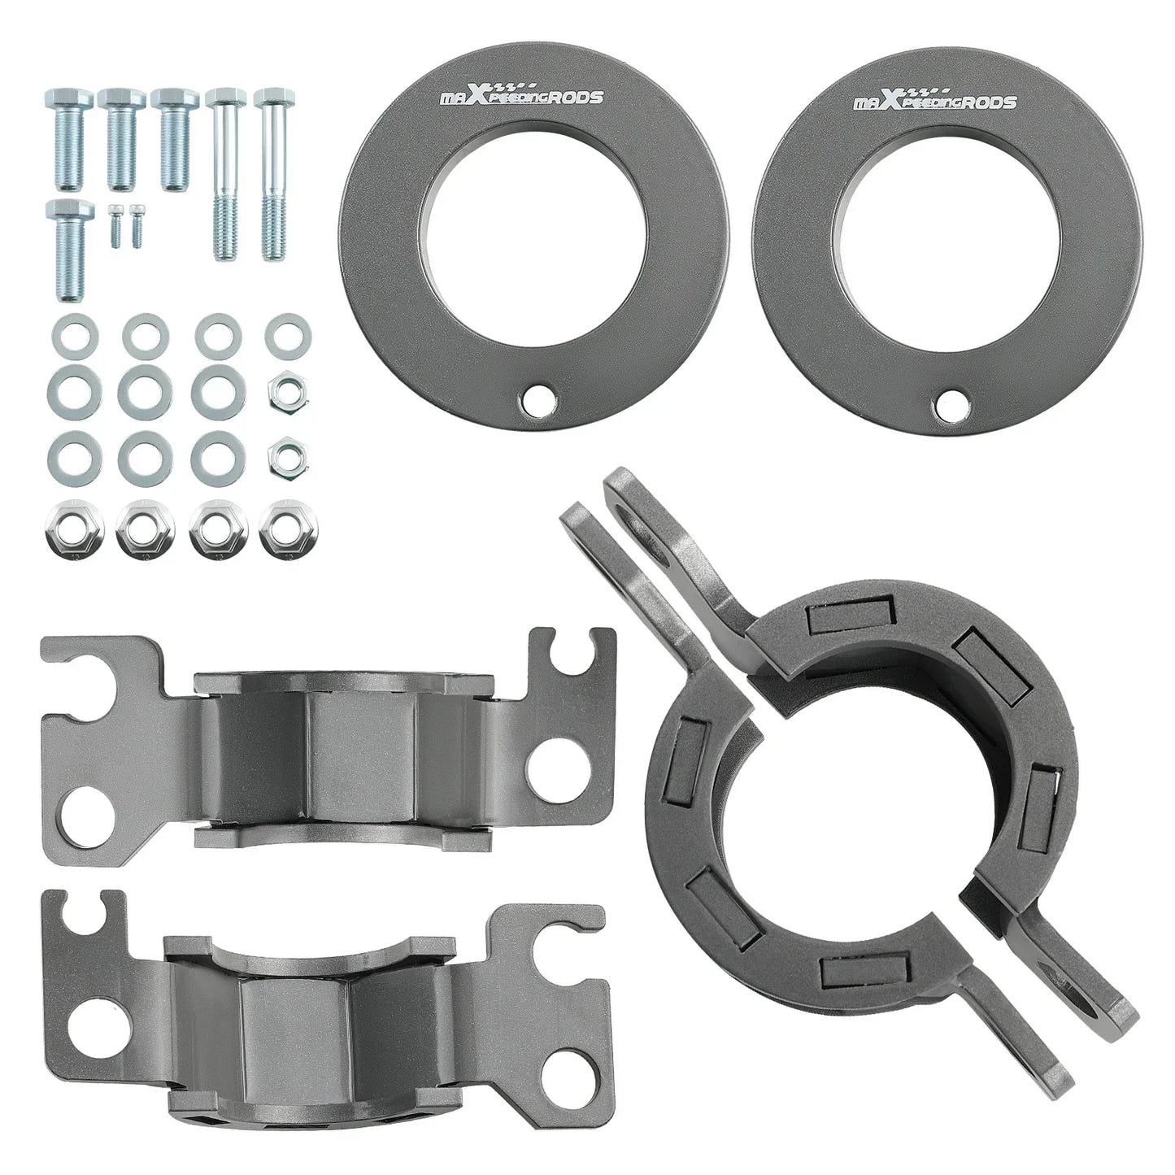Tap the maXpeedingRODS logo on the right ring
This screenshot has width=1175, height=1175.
coord(935,98)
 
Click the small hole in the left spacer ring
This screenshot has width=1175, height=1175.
coord(538,400)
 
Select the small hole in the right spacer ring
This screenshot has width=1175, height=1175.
coord(952,401)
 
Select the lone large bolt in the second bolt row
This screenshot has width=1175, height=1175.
coord(70,250)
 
